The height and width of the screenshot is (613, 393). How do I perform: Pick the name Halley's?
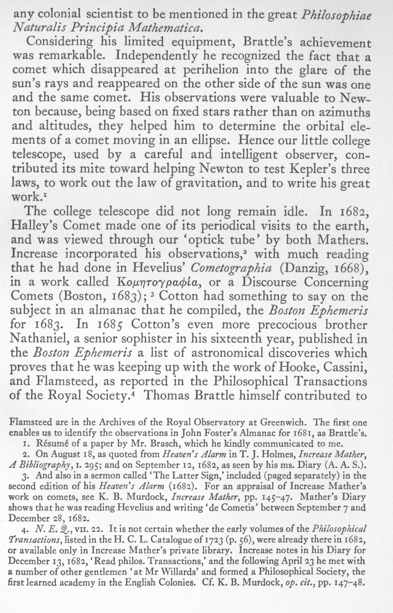pyautogui.click(x=34, y=226)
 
